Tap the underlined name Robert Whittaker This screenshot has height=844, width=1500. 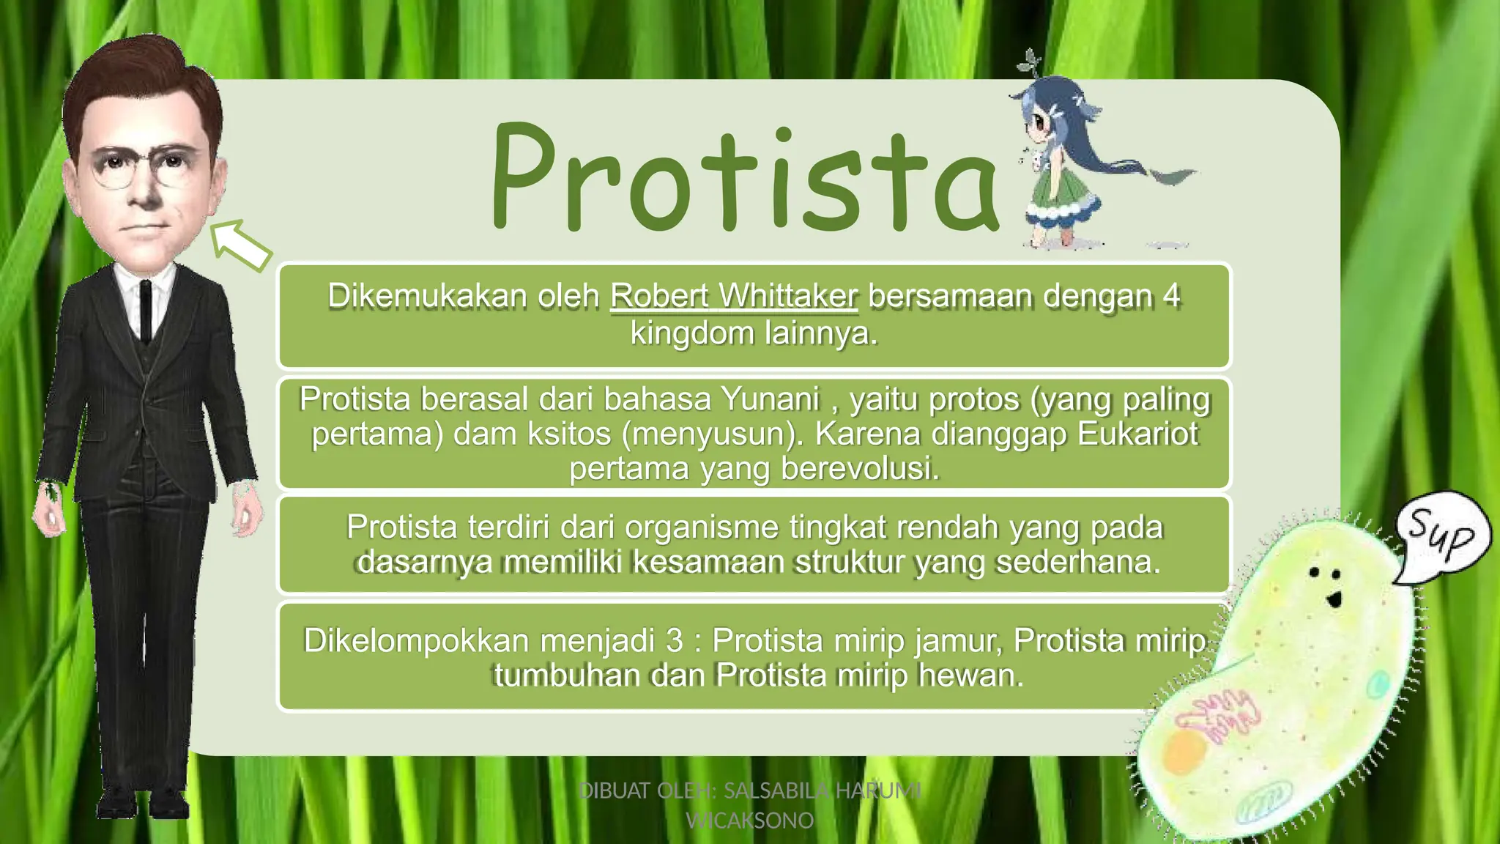pos(733,297)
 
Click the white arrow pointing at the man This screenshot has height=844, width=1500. pos(241,245)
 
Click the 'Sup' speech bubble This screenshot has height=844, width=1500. pos(1441,537)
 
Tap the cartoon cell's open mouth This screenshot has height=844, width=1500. pos(1334,600)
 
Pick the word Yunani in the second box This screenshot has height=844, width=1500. pos(770,400)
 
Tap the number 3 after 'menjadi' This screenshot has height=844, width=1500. pos(674,641)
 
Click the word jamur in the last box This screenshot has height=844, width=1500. pos(959,641)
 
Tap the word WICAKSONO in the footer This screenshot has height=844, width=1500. pos(749,821)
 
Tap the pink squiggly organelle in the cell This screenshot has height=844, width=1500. pos(1216,714)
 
